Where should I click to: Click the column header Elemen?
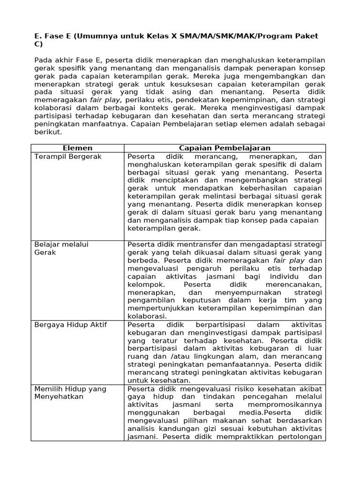77,148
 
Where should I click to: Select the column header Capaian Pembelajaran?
225,148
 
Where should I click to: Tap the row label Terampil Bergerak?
68,157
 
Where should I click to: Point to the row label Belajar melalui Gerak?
61,248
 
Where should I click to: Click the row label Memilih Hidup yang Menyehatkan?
70,392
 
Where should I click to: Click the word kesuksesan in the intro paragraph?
182,84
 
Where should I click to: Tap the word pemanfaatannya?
244,364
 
